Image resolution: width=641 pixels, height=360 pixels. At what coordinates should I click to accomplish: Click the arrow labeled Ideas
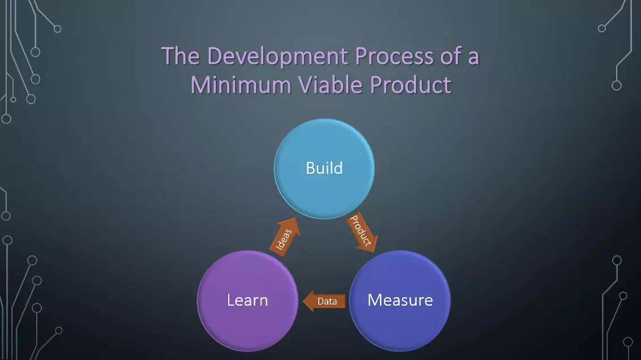[286, 238]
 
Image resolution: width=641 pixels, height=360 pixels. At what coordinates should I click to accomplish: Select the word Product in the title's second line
[411, 85]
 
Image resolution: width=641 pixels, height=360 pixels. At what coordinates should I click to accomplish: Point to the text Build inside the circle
[324, 168]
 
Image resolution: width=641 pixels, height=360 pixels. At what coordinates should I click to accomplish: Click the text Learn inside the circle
[247, 300]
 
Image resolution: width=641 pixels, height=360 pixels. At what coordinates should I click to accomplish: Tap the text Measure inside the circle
[400, 300]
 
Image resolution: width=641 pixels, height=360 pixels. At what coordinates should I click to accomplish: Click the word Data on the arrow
[327, 302]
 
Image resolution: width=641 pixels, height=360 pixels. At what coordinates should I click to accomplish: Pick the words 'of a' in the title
[459, 57]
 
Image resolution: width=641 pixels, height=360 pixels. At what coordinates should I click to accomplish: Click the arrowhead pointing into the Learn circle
[309, 302]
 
